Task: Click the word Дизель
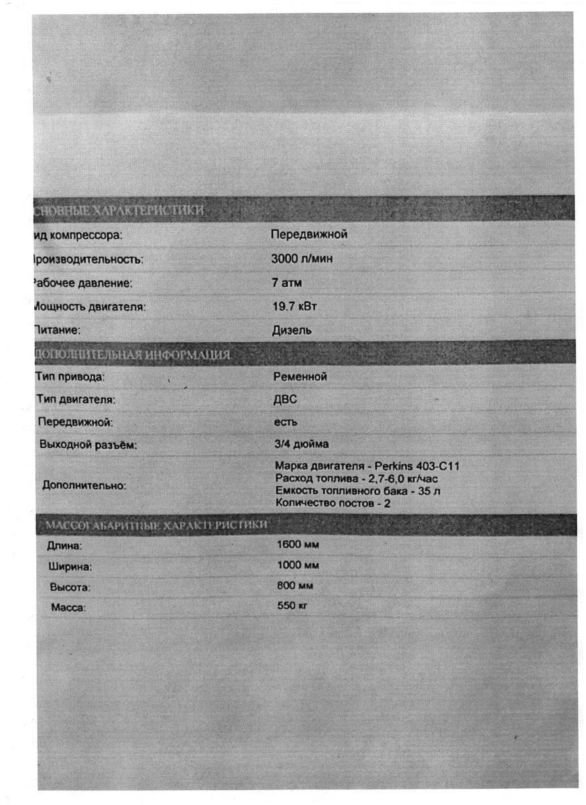[x=291, y=330]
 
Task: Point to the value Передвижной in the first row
[x=309, y=235]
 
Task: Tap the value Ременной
[x=300, y=377]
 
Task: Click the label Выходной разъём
[x=89, y=445]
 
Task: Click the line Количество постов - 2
[x=333, y=503]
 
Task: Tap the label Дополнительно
[x=84, y=486]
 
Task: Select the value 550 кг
[x=292, y=606]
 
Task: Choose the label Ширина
[x=70, y=567]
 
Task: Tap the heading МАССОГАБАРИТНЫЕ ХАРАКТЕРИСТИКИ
[x=154, y=524]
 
